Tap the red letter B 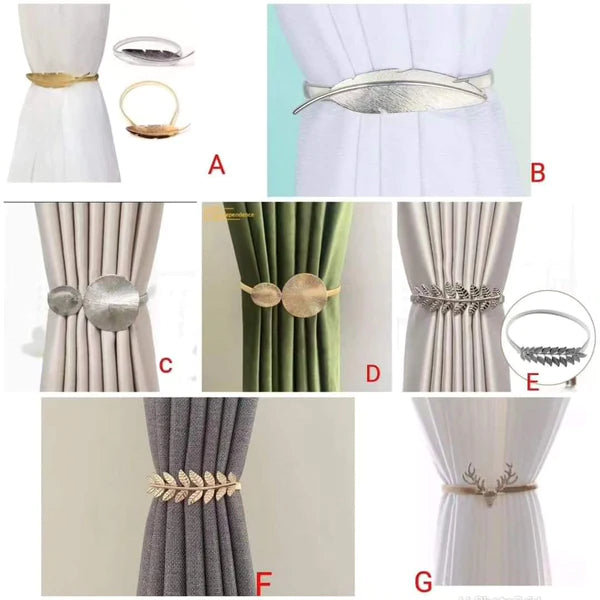pos(537,172)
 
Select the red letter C pos(166,365)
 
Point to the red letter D pos(372,374)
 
